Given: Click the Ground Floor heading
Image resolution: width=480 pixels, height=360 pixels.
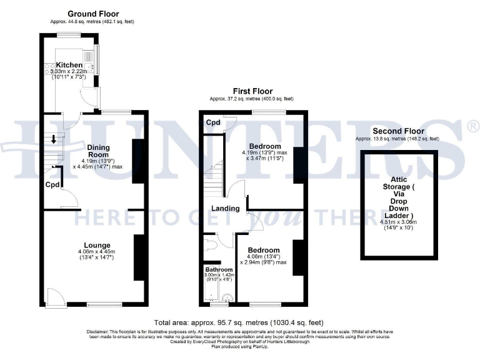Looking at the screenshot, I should tap(93, 14).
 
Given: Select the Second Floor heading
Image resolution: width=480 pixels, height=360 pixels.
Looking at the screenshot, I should tap(397, 131).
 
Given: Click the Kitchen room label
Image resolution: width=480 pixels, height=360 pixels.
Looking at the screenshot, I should tap(69, 65).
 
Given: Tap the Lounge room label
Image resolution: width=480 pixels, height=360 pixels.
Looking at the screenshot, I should tap(98, 245).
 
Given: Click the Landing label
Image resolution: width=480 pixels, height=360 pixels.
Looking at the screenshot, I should tap(225, 209).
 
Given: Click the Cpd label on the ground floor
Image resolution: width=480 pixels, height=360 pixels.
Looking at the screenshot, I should tap(52, 185).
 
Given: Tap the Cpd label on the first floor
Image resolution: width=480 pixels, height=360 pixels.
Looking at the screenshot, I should tap(213, 122).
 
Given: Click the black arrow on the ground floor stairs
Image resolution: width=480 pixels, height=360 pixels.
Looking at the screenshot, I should tap(54, 139).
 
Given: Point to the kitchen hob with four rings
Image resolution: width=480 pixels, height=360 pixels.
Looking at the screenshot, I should tap(47, 69).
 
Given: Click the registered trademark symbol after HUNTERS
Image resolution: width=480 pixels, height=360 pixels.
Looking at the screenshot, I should tap(472, 127).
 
